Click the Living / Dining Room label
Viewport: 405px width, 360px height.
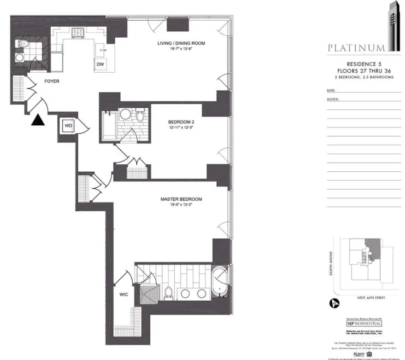tap(181, 44)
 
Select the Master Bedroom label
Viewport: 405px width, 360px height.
tap(181, 199)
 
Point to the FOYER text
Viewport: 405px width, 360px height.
tap(52, 81)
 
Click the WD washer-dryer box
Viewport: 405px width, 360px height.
tap(68, 125)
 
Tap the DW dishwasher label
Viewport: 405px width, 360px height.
tap(100, 64)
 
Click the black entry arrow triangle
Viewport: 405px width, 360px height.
tap(39, 120)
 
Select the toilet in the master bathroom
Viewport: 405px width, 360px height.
tap(169, 292)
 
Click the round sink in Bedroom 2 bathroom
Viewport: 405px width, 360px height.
tap(124, 114)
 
